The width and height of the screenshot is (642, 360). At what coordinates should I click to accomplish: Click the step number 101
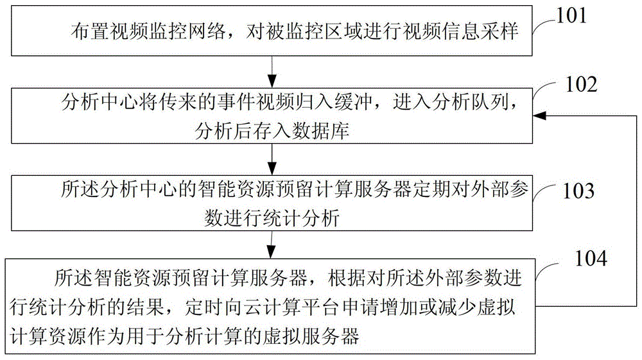tap(571, 15)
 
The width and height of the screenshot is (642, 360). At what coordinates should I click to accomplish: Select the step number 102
tap(582, 84)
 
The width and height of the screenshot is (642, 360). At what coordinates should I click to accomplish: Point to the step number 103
tap(578, 191)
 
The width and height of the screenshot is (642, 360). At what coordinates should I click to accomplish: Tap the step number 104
tap(591, 258)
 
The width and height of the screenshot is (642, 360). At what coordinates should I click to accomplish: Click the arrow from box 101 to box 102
tap(272, 72)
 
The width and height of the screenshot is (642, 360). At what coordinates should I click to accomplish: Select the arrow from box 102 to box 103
tap(272, 160)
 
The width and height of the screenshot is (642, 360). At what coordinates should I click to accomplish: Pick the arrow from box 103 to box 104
tap(271, 244)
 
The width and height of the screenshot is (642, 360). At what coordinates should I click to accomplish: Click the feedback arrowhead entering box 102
tap(539, 116)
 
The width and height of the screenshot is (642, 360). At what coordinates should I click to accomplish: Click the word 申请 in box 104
tap(361, 307)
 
